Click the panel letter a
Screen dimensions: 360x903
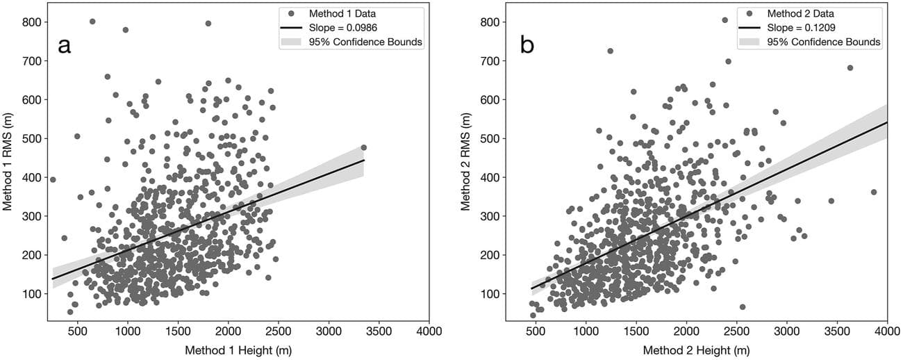[x=65, y=46]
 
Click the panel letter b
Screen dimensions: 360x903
[x=527, y=46]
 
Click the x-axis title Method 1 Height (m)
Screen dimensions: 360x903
[x=238, y=351]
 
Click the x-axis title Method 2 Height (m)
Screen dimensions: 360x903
[x=697, y=351]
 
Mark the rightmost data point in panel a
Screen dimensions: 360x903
[x=363, y=147]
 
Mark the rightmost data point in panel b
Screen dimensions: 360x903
[x=874, y=192]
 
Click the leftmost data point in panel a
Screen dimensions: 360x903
[x=53, y=179]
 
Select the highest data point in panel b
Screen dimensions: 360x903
[x=725, y=20]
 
